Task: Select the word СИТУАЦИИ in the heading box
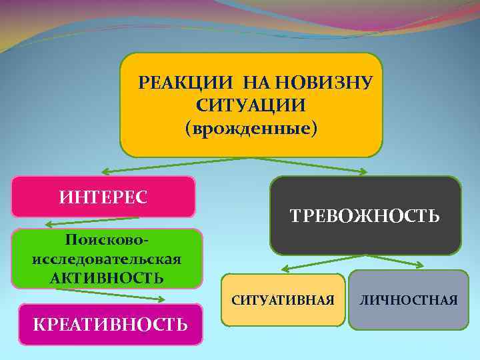pos(251,105)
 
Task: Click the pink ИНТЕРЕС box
pos(103,197)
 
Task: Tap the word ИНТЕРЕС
pos(103,197)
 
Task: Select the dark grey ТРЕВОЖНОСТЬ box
pos(365,215)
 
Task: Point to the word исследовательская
pos(107,258)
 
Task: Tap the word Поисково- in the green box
pos(107,239)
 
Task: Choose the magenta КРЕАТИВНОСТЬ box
pos(110,325)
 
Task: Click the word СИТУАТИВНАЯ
pos(283,300)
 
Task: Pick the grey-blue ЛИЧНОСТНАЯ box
pos(409,300)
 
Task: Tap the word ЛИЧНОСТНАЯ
pos(409,300)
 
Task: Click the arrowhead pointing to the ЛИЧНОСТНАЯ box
pos(418,265)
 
